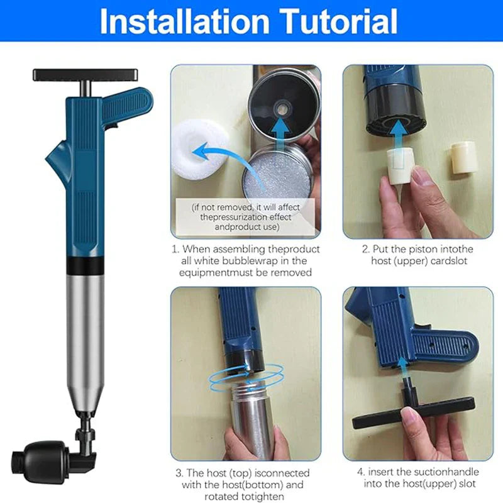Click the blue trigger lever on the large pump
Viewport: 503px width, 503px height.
(129, 104)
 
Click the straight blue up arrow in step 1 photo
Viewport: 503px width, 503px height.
(282, 129)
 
